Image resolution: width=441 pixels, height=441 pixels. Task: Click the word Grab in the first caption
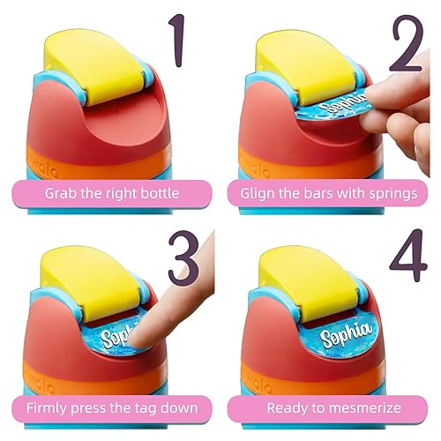tap(63, 191)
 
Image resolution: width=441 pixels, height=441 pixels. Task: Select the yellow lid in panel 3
tap(97, 282)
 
